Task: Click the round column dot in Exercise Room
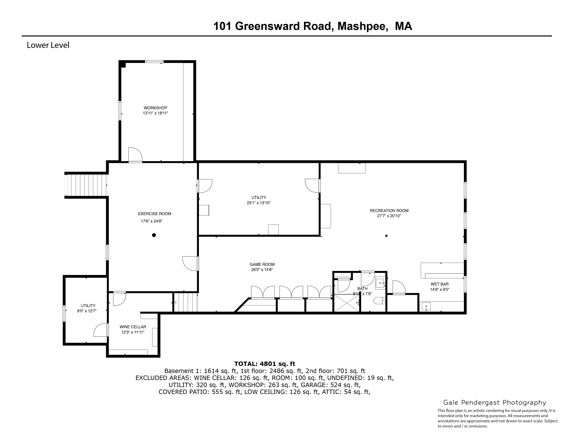coord(154,235)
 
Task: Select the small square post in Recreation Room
coord(386,236)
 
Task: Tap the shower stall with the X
coord(347,303)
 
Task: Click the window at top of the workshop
coord(154,62)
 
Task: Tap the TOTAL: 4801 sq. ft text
coord(265,364)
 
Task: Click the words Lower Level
coord(48,45)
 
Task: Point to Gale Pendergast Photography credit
coord(495,403)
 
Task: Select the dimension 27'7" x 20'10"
coord(389,216)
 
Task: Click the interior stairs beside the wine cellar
coord(185,302)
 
